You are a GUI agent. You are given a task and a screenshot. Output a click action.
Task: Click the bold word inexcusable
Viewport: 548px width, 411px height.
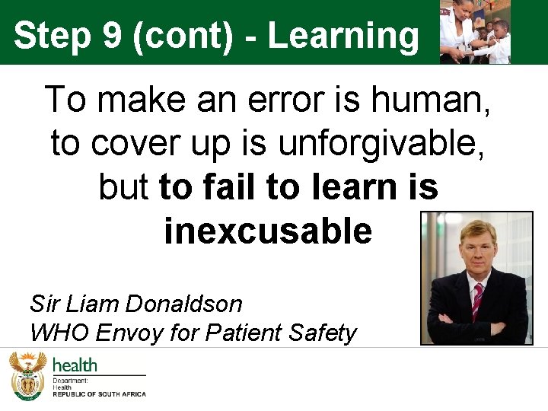[x=268, y=231]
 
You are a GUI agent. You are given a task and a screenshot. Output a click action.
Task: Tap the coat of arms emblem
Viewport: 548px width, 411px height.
[x=27, y=374]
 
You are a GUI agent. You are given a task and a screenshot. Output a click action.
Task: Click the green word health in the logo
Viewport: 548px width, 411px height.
[x=75, y=365]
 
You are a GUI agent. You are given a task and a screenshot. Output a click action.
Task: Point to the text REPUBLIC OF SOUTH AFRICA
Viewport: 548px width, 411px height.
[x=99, y=394]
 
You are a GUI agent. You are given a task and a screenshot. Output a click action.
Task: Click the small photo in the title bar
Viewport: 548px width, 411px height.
[x=476, y=32]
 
